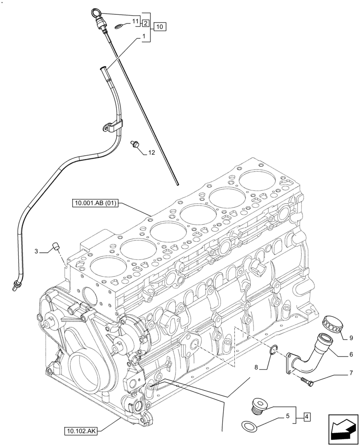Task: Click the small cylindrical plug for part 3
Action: [57, 245]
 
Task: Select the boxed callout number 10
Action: [160, 27]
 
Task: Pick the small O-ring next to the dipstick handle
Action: [119, 27]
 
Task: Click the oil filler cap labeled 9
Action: [331, 324]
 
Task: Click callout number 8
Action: [256, 368]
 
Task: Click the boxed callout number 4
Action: [307, 417]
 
